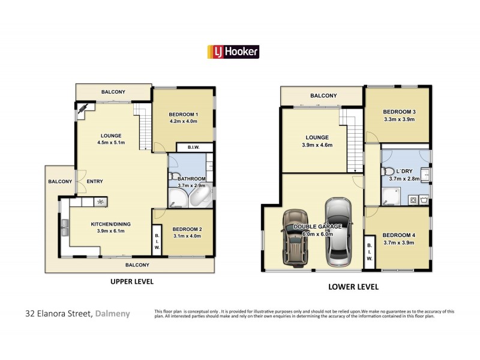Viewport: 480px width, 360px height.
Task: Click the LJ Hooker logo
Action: click(233, 52)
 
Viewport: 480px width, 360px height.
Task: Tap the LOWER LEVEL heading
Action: click(353, 287)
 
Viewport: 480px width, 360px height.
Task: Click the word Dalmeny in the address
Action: click(112, 313)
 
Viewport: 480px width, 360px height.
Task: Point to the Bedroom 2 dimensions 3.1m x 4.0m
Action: click(187, 236)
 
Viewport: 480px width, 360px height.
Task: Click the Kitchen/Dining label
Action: click(110, 224)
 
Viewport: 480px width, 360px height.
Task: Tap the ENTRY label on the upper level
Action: click(95, 182)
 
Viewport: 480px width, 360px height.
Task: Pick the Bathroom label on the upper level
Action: click(191, 179)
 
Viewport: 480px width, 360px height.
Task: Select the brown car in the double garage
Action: click(295, 238)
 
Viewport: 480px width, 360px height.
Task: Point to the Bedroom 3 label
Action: click(399, 112)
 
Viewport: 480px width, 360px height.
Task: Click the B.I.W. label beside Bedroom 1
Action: click(193, 147)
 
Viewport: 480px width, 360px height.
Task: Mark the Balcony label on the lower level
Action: click(323, 96)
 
